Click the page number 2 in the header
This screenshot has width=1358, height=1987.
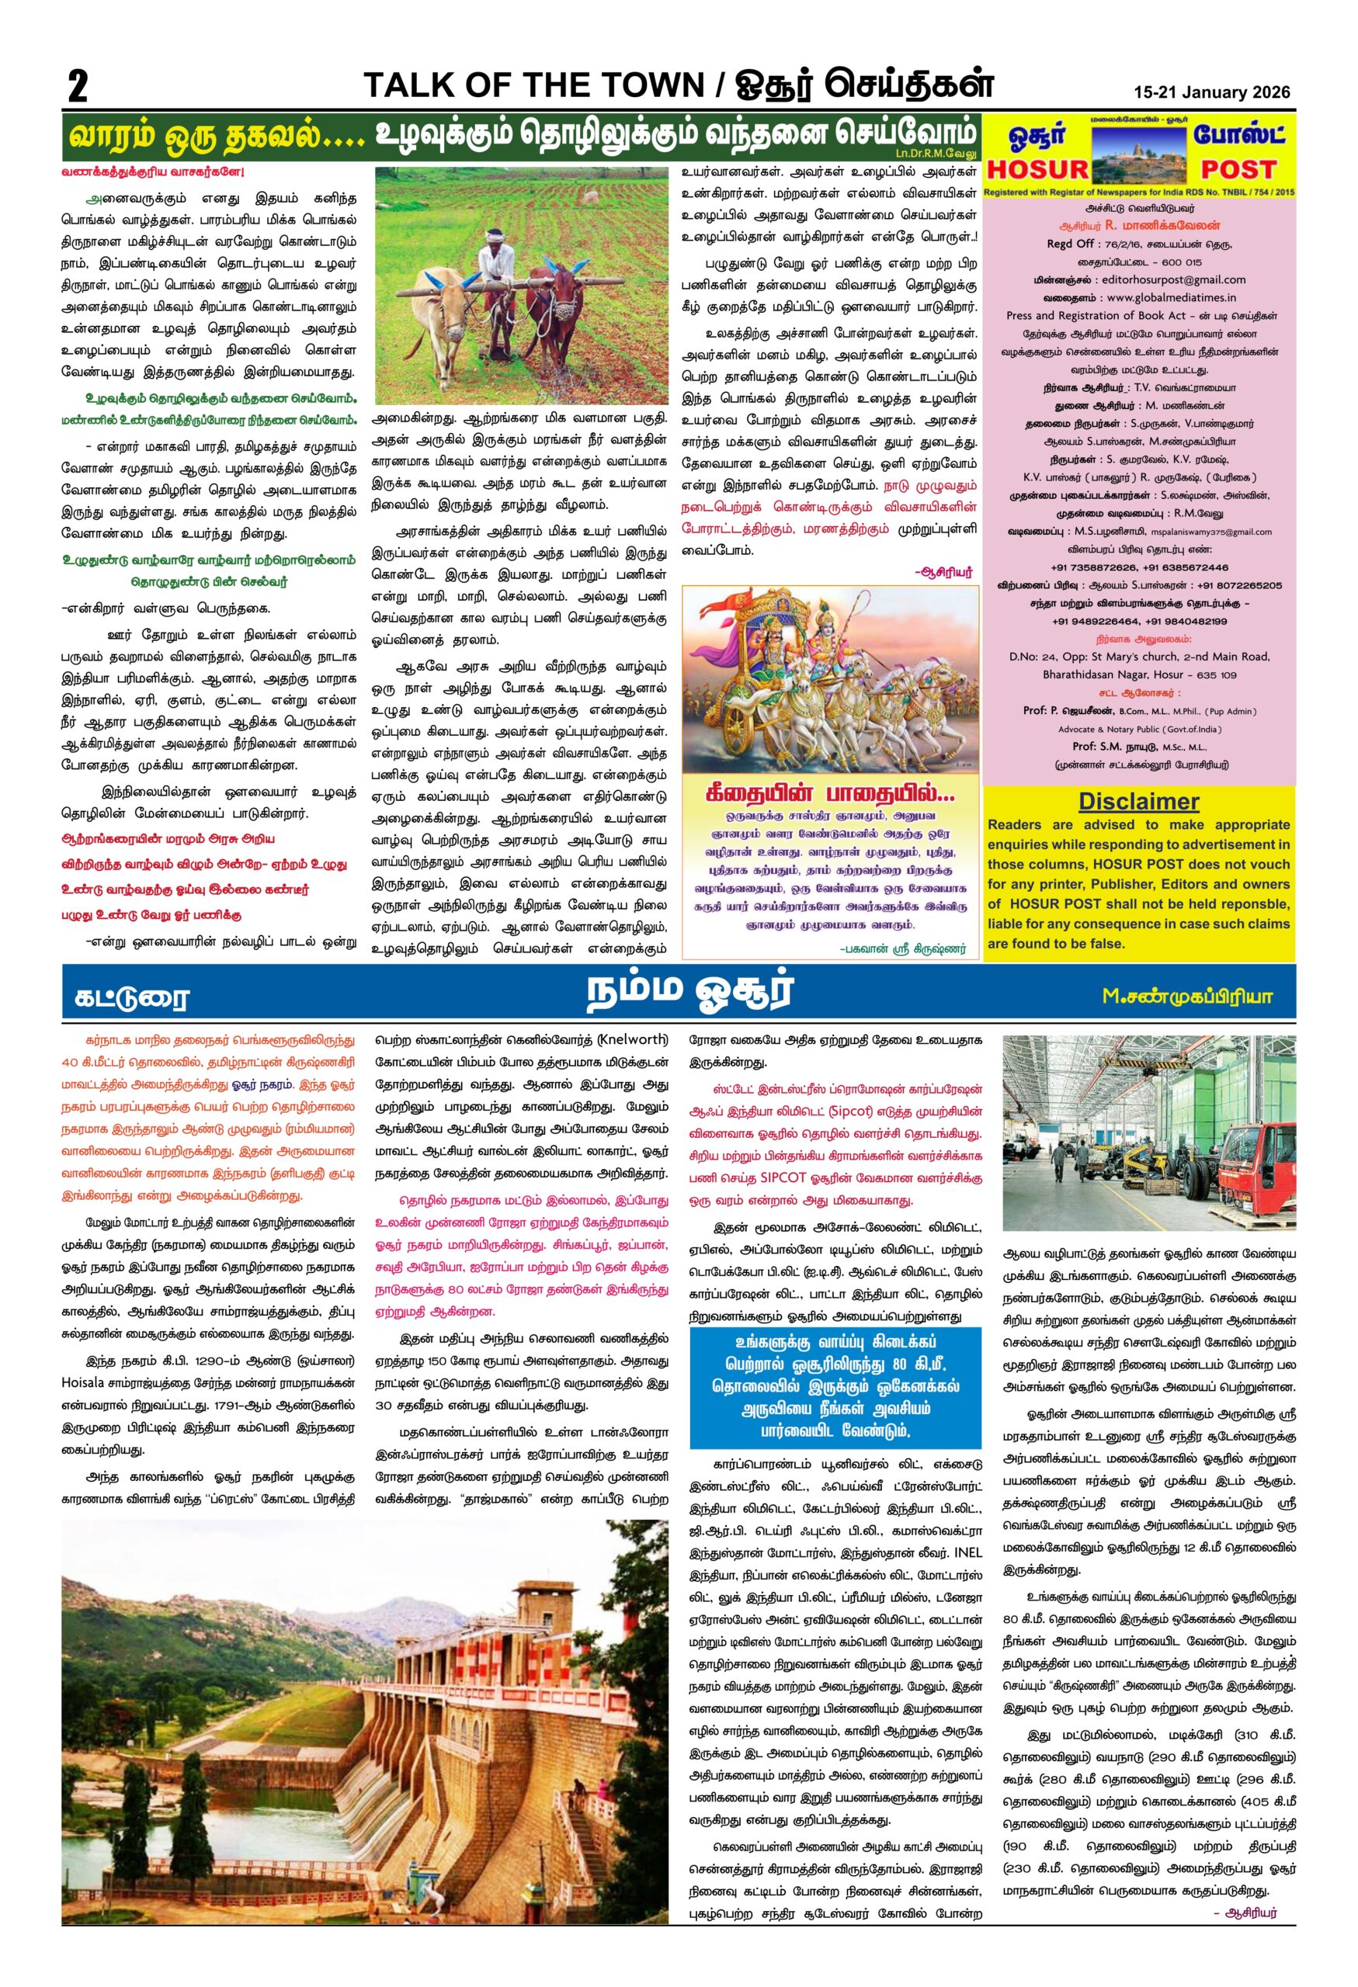coord(78,86)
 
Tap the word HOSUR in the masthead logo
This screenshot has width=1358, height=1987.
coord(1037,169)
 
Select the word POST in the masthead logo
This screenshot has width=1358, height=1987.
coord(1238,169)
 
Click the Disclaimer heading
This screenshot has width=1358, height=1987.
coord(1138,801)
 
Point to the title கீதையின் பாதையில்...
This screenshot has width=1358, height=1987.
coord(828,794)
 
